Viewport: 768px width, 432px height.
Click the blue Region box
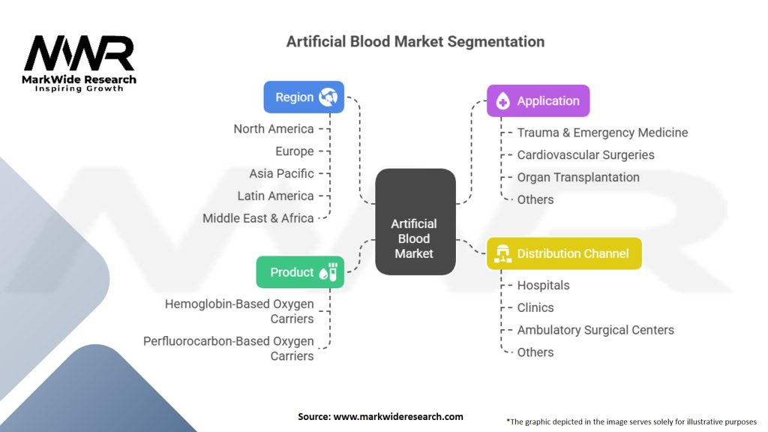pos(304,97)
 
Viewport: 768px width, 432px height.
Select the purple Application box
pos(538,100)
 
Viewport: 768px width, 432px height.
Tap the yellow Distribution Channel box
pos(564,253)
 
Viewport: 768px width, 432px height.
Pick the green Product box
pos(300,271)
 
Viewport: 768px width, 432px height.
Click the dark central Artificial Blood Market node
pos(415,221)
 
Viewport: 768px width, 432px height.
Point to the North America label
pos(273,129)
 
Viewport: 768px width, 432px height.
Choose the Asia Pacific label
pos(281,173)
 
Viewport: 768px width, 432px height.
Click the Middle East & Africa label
pos(258,218)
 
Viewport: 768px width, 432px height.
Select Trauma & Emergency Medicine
pos(602,133)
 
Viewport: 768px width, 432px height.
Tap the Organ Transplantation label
pos(578,177)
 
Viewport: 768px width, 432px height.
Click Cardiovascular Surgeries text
pos(586,154)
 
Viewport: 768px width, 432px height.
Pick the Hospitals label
pos(543,285)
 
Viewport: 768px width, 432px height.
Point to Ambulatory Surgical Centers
pos(595,330)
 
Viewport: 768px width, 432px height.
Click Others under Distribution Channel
pos(535,352)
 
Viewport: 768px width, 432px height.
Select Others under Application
pos(535,199)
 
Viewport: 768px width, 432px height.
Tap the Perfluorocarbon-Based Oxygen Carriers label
pos(228,348)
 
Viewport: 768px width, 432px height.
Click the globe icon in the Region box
pos(328,97)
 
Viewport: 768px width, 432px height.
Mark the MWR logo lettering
pos(79,52)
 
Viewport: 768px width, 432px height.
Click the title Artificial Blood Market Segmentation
pos(415,42)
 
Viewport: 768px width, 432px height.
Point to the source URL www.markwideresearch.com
pos(398,416)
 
